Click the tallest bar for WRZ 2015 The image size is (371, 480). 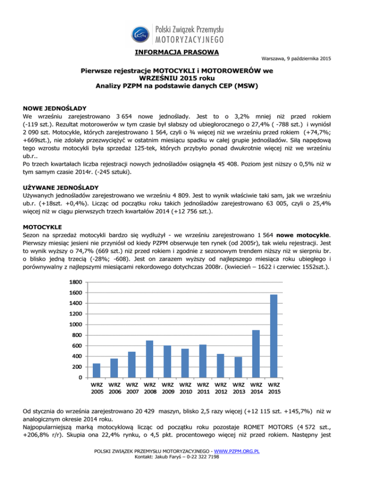273,336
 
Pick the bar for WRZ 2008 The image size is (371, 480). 149,359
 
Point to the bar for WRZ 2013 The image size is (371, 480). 238,367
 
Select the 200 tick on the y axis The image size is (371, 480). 76,367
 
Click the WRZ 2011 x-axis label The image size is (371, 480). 202,389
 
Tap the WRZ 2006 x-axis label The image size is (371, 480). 114,389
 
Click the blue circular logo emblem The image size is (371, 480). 141,33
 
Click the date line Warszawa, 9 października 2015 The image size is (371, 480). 296,59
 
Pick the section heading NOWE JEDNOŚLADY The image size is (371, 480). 53,109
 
